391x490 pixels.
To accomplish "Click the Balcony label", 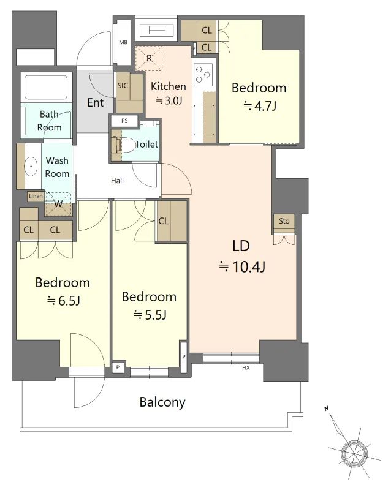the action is pyautogui.click(x=162, y=402).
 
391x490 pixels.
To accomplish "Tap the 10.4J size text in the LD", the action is pyautogui.click(x=242, y=267).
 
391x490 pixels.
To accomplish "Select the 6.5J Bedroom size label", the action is pyautogui.click(x=64, y=301).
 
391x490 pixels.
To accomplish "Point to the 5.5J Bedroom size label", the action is pyautogui.click(x=150, y=315).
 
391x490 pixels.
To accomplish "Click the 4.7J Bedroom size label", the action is pyautogui.click(x=260, y=106).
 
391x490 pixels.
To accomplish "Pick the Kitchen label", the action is pyautogui.click(x=169, y=86).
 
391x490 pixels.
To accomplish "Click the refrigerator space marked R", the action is pyautogui.click(x=149, y=58).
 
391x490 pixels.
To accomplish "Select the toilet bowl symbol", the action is pyautogui.click(x=127, y=145).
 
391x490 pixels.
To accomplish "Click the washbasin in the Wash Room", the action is pyautogui.click(x=31, y=166).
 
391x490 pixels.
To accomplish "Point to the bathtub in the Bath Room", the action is pyautogui.click(x=46, y=86).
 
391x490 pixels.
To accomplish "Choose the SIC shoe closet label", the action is pyautogui.click(x=123, y=85).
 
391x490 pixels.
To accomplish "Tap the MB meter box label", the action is pyautogui.click(x=123, y=42).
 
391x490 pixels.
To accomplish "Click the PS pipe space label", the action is pyautogui.click(x=124, y=121).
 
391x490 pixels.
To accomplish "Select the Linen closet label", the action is pyautogui.click(x=36, y=196).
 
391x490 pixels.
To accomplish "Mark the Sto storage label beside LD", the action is pyautogui.click(x=284, y=221).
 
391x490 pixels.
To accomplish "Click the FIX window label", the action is pyautogui.click(x=246, y=368).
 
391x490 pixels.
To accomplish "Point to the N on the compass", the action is pyautogui.click(x=327, y=409).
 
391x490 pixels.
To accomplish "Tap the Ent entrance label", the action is pyautogui.click(x=96, y=102).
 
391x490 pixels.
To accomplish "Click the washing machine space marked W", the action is pyautogui.click(x=58, y=205).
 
